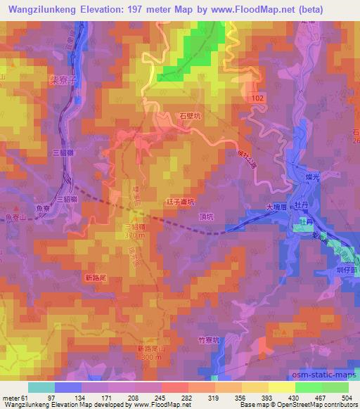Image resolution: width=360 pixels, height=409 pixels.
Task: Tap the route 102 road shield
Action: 258,100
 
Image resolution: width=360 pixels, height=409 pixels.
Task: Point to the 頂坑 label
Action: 207,217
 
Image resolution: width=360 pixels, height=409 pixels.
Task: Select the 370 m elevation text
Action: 135,236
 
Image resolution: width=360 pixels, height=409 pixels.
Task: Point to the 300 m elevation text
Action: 150,358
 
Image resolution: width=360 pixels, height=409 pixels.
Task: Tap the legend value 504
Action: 347,398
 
